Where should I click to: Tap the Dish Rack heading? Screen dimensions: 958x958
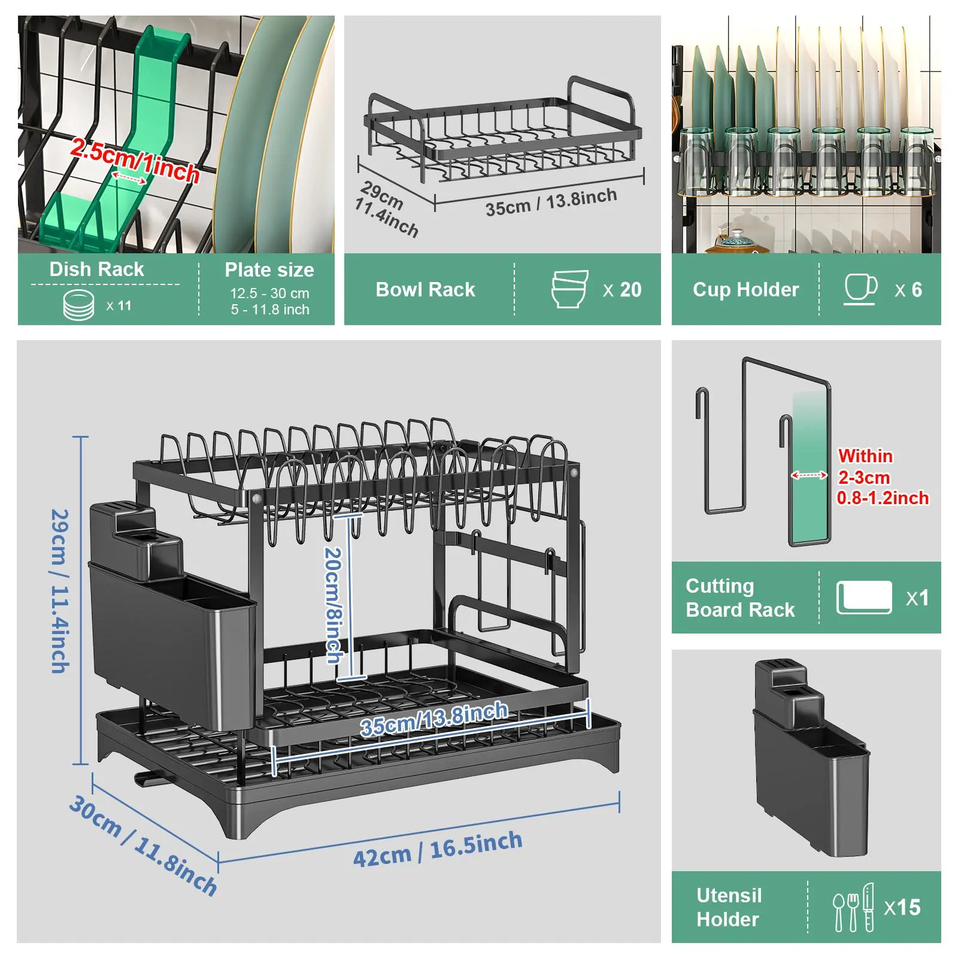pos(96,269)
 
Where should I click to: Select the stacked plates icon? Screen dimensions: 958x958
pos(78,305)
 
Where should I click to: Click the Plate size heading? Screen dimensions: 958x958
pos(269,270)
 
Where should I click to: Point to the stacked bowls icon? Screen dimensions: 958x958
pos(569,289)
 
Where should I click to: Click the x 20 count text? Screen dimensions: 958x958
pos(622,290)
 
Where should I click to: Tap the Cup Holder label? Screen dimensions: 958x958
pos(745,290)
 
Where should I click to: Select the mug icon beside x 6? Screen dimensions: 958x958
pos(860,289)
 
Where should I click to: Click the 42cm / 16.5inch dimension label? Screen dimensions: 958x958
pos(437,849)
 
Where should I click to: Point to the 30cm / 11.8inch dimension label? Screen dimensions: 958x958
pos(143,845)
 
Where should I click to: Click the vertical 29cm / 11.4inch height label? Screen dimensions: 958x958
pos(59,592)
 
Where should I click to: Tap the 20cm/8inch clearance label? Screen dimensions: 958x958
pos(334,605)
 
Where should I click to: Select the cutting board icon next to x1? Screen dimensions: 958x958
pos(863,598)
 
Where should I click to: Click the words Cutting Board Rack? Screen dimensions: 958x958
pos(739,598)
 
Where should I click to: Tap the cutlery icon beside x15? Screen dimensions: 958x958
pos(853,907)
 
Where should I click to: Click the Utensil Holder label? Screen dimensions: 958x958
pos(729,907)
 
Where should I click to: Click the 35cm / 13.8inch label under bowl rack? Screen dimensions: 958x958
pos(551,202)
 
